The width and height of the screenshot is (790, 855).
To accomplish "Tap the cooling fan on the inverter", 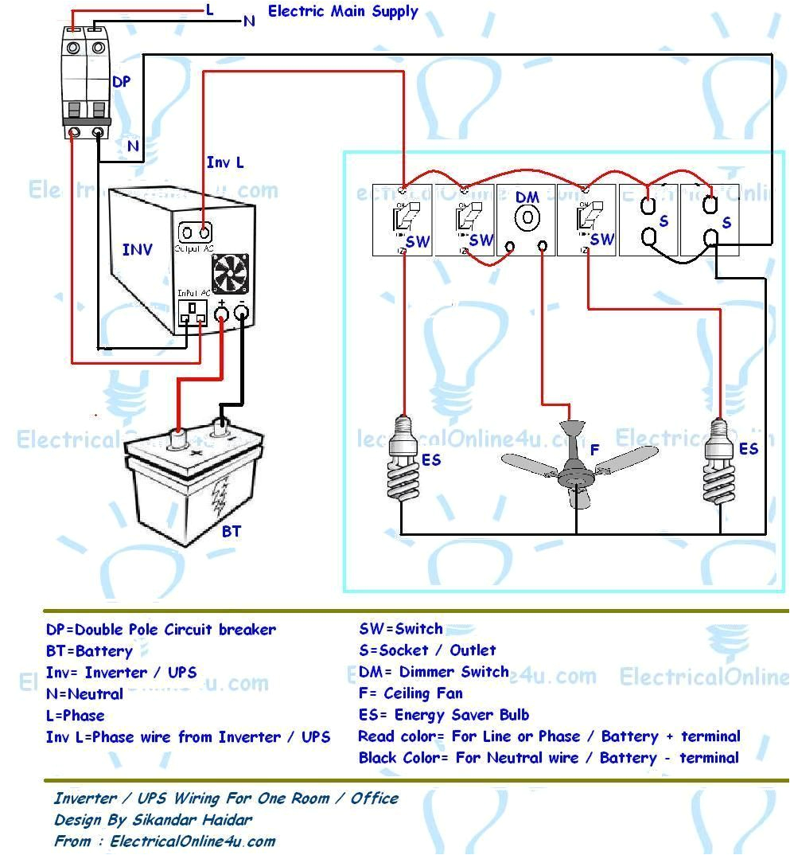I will click(x=230, y=275).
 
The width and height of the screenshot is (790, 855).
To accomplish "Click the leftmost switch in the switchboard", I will click(x=402, y=221).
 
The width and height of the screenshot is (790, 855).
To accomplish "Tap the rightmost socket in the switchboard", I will click(x=710, y=221).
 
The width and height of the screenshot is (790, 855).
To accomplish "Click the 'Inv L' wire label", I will click(x=225, y=162).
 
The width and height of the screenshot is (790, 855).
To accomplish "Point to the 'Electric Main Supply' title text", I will click(x=343, y=12).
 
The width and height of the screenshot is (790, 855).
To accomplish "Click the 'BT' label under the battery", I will click(x=231, y=531).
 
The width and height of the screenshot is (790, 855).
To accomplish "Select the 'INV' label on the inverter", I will click(x=138, y=250).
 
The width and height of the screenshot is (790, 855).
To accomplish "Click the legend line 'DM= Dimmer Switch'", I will click(x=434, y=672).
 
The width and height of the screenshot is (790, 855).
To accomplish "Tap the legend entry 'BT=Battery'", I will click(x=89, y=651).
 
